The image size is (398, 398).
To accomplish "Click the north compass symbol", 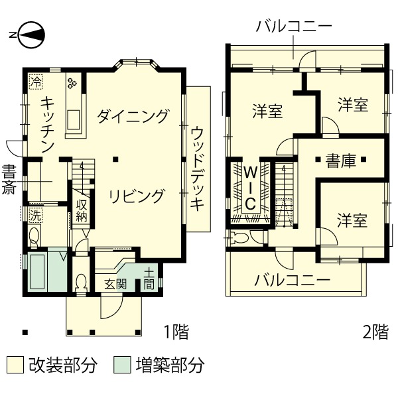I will point(31,35).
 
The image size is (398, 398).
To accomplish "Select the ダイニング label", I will point(133,117).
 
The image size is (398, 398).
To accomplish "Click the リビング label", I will point(136,196).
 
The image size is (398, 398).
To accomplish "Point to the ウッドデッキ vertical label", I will point(197,168).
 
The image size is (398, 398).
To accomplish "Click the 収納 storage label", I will point(82,210).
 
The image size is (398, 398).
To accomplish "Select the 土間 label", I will point(150,279).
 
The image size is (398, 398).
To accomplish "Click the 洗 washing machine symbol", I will point(34,214).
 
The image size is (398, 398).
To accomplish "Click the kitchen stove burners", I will point(72,84).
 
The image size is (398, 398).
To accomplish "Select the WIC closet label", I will point(251,188).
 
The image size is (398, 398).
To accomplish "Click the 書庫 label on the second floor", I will point(340,161).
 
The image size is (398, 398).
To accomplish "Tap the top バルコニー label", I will point(294,27).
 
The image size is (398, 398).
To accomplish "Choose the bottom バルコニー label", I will point(293,280).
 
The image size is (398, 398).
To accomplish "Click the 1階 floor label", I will point(176,330).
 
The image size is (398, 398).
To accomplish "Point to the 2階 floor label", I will point(375,330).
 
